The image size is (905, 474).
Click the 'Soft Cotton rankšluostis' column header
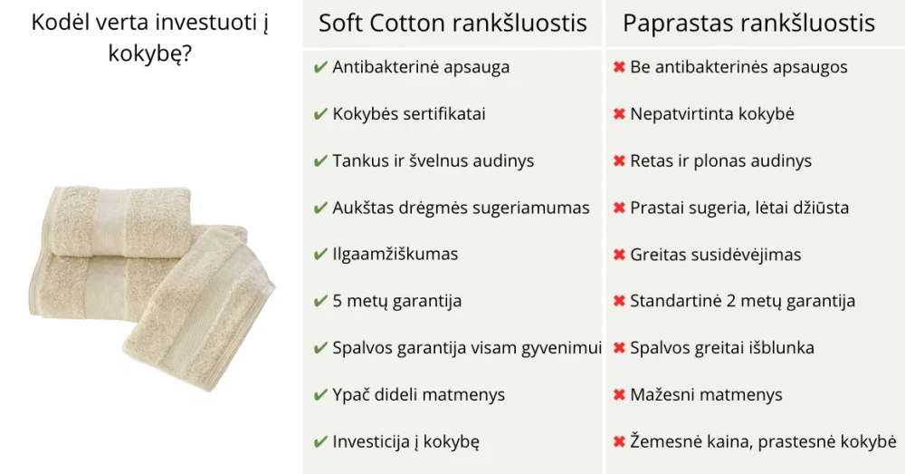click(452, 24)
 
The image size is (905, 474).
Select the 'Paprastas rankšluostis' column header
click(748, 24)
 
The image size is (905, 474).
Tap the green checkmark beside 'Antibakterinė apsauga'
click(320, 68)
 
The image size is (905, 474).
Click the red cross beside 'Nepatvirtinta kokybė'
click(619, 114)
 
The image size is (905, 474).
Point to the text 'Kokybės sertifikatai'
click(409, 113)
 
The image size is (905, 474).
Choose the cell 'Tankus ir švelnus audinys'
click(433, 160)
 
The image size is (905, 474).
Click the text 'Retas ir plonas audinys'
click(721, 160)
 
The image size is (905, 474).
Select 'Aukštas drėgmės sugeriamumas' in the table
click(461, 208)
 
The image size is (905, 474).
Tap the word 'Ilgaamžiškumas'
click(395, 255)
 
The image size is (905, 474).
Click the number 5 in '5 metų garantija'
click(338, 301)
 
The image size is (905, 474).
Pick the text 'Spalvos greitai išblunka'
click(722, 348)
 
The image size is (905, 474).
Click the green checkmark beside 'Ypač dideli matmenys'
click(320, 395)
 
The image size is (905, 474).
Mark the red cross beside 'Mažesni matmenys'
click(619, 395)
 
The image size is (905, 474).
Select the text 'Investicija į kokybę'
click(405, 441)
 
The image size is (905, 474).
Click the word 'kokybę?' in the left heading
click(149, 53)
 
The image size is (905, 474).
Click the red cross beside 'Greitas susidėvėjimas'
click(619, 255)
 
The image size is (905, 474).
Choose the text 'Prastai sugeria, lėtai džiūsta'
click(739, 208)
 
